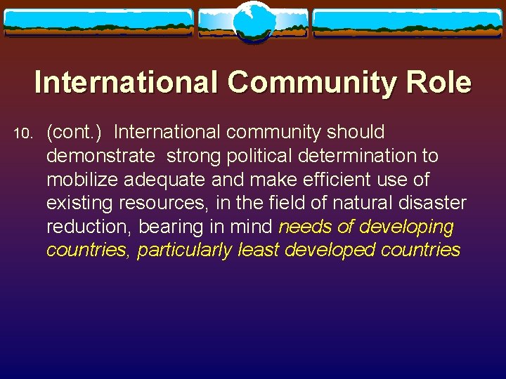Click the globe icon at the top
click(x=253, y=21)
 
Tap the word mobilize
click(x=82, y=180)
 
